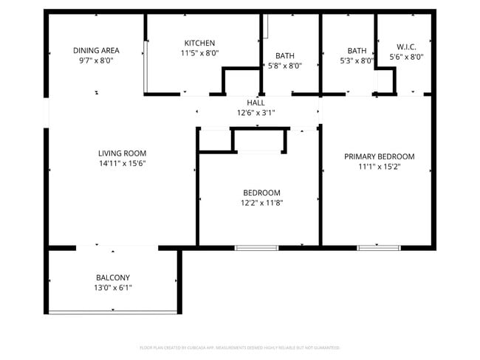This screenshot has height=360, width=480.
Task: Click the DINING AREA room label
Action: coord(96,50)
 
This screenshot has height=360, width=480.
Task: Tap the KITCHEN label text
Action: coord(199,43)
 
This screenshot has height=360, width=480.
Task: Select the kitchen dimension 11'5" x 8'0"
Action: coord(199,53)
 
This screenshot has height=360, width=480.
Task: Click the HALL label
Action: coord(256,103)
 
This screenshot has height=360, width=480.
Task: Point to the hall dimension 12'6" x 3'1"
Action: coord(256,113)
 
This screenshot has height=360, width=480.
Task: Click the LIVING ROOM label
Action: coord(122,153)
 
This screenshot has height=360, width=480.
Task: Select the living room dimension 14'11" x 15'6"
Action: coord(122,164)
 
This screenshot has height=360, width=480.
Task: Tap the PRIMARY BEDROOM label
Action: coord(379,156)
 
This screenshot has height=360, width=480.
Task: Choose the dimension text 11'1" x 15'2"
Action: coord(379,167)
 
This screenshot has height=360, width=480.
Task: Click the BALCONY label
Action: coord(112,277)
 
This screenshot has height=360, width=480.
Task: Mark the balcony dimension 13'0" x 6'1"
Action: coord(112,288)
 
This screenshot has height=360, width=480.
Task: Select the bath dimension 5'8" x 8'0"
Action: coord(284,65)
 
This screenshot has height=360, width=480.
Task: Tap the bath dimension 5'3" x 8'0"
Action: coord(357,60)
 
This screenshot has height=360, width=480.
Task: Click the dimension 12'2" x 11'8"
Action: coord(261,202)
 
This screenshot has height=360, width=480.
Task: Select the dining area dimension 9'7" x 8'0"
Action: coord(96,60)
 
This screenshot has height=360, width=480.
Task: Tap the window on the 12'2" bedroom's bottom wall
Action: coord(256,247)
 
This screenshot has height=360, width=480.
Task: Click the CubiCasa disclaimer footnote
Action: coord(239,347)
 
